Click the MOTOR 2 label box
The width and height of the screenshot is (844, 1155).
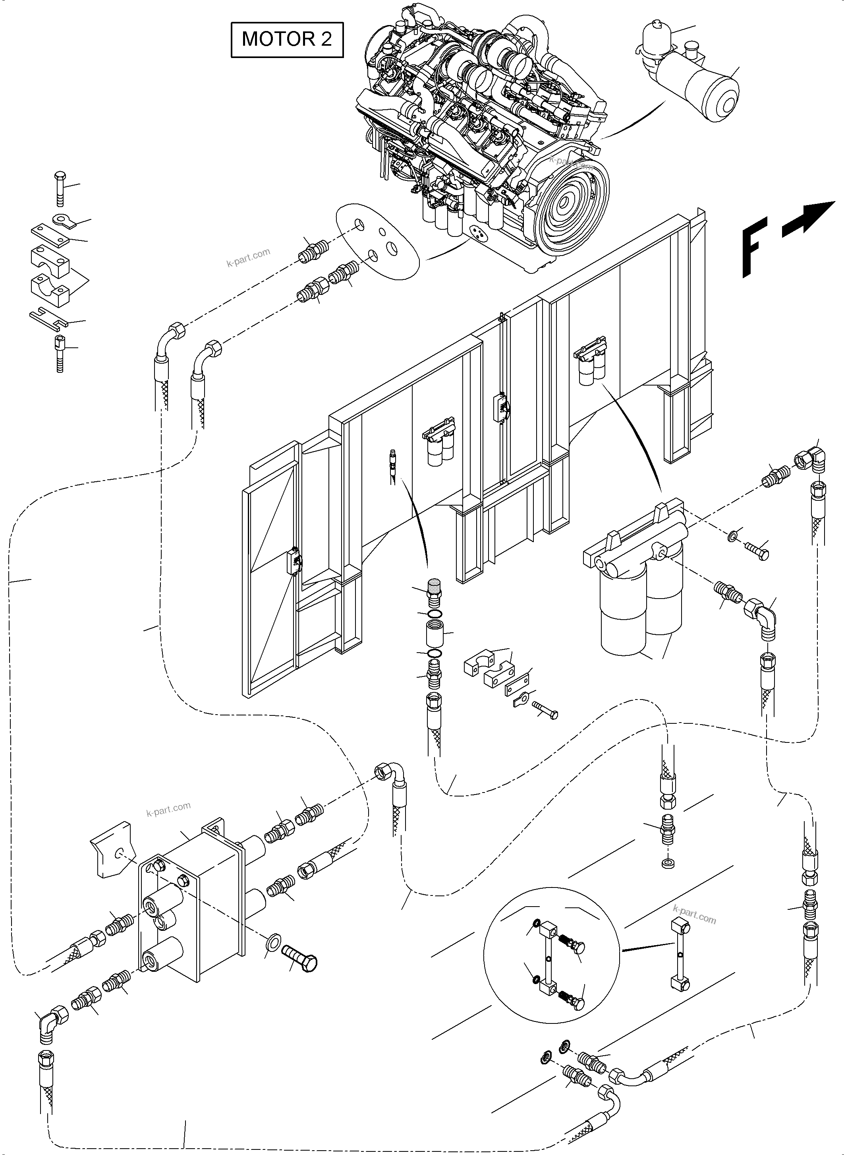[x=287, y=39]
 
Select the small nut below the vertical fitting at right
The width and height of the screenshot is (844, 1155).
[x=667, y=864]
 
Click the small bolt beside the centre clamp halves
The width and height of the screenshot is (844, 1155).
[x=545, y=710]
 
